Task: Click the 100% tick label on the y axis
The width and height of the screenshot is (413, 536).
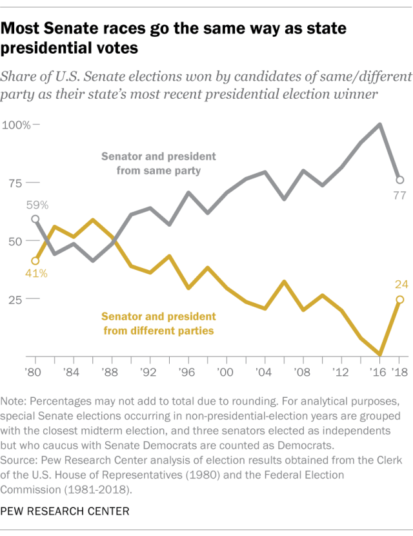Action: tap(16, 125)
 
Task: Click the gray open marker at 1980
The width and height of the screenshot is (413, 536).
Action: tap(35, 219)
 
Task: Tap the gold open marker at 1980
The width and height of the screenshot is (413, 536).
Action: tap(35, 261)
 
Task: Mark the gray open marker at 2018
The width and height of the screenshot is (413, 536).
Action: tap(399, 180)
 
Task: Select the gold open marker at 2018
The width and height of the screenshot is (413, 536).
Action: tap(399, 300)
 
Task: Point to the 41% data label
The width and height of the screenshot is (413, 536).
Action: tap(37, 274)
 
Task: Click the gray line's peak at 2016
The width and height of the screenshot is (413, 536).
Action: tap(380, 124)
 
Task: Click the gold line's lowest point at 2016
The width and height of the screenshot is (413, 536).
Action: tap(380, 355)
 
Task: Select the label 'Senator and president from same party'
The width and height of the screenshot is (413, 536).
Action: tap(158, 164)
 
